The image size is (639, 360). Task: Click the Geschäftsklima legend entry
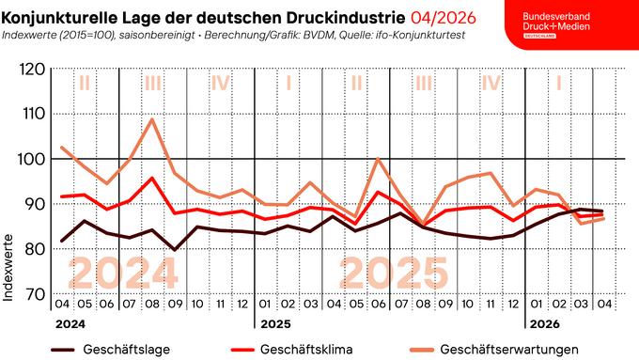(x=292, y=349)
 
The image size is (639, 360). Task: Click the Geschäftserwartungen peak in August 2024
(x=152, y=119)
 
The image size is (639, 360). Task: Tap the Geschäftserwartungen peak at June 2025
(x=378, y=158)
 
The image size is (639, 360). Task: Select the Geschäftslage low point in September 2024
(x=175, y=250)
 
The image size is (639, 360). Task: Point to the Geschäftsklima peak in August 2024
(x=152, y=178)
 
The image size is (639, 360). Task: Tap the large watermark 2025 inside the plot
(x=393, y=272)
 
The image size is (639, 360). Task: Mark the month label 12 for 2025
(x=513, y=304)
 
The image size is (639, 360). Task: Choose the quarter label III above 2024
(x=152, y=83)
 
